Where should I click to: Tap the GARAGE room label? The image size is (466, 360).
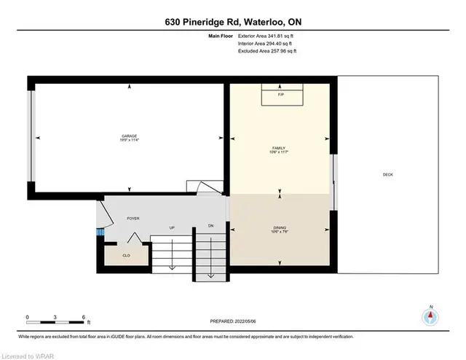coord(130,138)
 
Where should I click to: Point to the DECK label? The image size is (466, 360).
coord(388,174)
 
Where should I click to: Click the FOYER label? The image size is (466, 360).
coord(133,219)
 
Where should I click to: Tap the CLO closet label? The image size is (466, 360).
coord(126,255)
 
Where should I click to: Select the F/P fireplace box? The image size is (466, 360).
coord(281,95)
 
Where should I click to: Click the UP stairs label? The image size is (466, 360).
coord(172,228)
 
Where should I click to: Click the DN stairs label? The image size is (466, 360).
coord(210,225)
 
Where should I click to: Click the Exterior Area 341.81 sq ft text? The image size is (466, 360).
coord(267,34)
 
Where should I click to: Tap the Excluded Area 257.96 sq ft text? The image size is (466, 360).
coord(267,52)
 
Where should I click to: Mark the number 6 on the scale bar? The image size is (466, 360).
coord(84,317)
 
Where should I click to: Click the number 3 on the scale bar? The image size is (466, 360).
coord(56,317)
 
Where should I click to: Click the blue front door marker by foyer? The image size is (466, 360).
coord(100,232)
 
